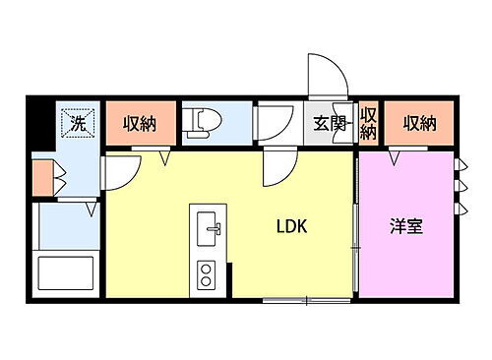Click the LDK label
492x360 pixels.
(x=292, y=226)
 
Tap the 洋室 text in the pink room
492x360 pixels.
(x=406, y=226)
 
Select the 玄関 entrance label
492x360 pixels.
(x=330, y=124)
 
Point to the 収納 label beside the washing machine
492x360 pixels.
(x=141, y=124)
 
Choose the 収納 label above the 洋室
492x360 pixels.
(x=418, y=124)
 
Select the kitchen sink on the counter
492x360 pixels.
(x=209, y=232)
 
